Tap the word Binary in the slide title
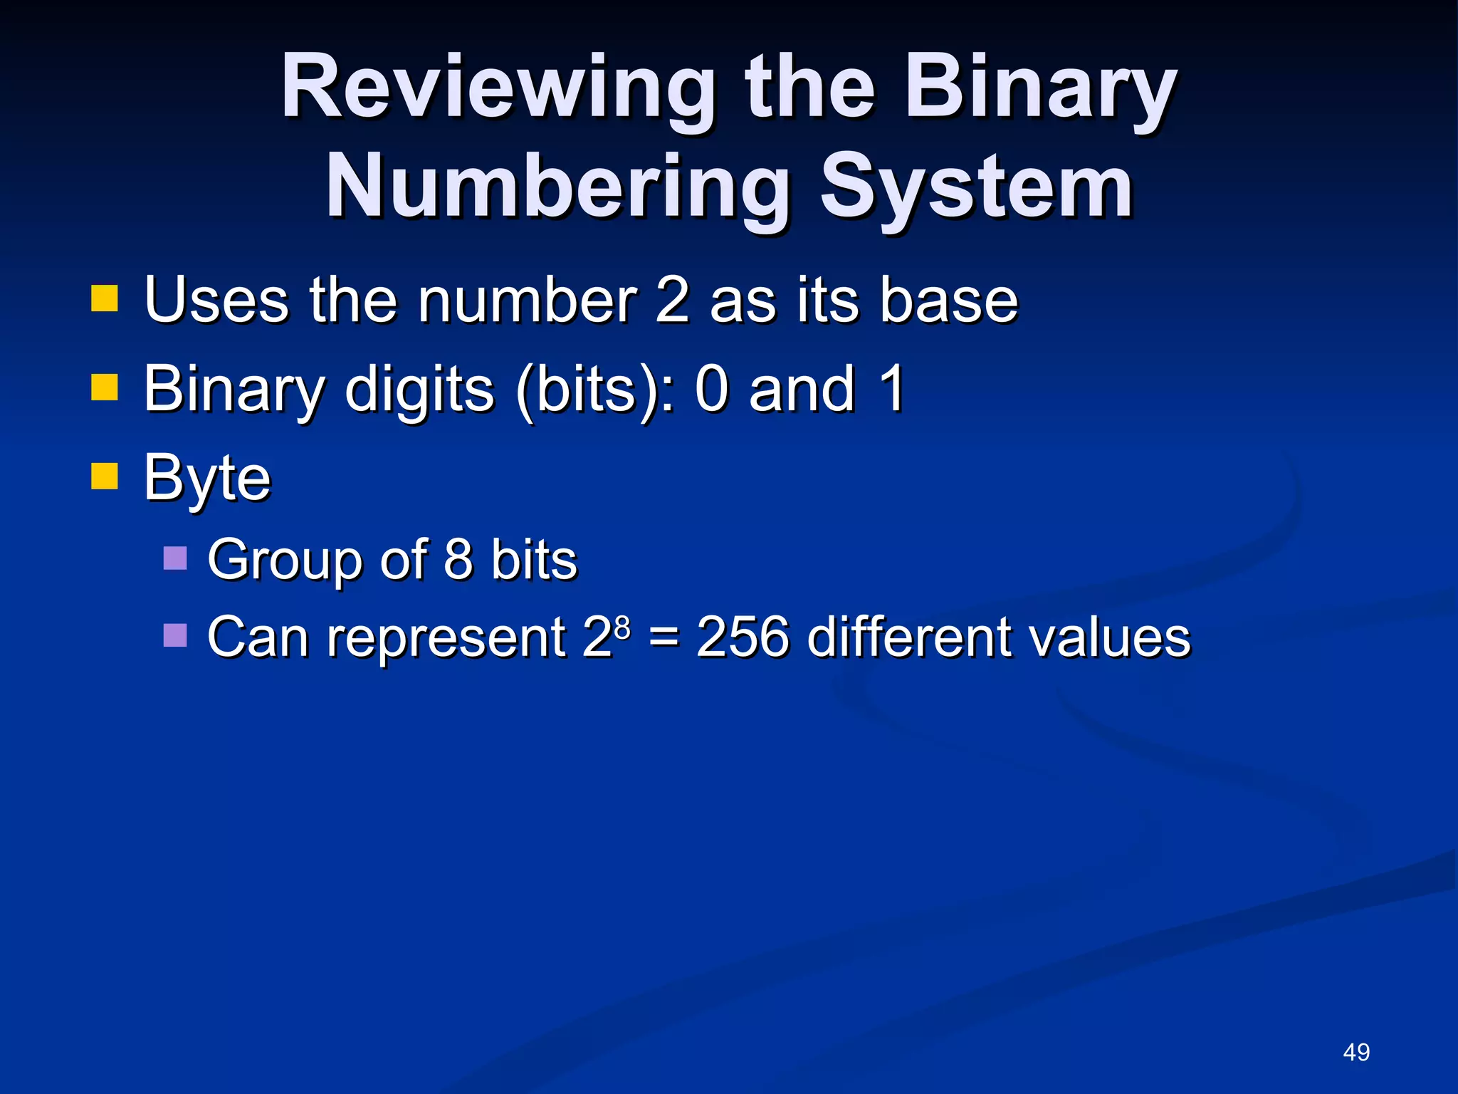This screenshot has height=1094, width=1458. point(1040,89)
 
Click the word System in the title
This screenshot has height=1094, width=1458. point(975,187)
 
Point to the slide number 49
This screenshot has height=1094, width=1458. point(1356,1052)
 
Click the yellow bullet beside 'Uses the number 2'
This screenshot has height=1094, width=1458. point(104,299)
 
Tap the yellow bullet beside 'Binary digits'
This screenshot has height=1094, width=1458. point(104,388)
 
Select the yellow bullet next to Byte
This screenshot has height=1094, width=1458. point(104,476)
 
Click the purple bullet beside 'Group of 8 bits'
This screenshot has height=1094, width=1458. point(175,558)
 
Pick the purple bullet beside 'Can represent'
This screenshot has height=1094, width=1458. point(175,635)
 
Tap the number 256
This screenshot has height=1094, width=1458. point(743,636)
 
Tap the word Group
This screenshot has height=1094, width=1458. point(285,561)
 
